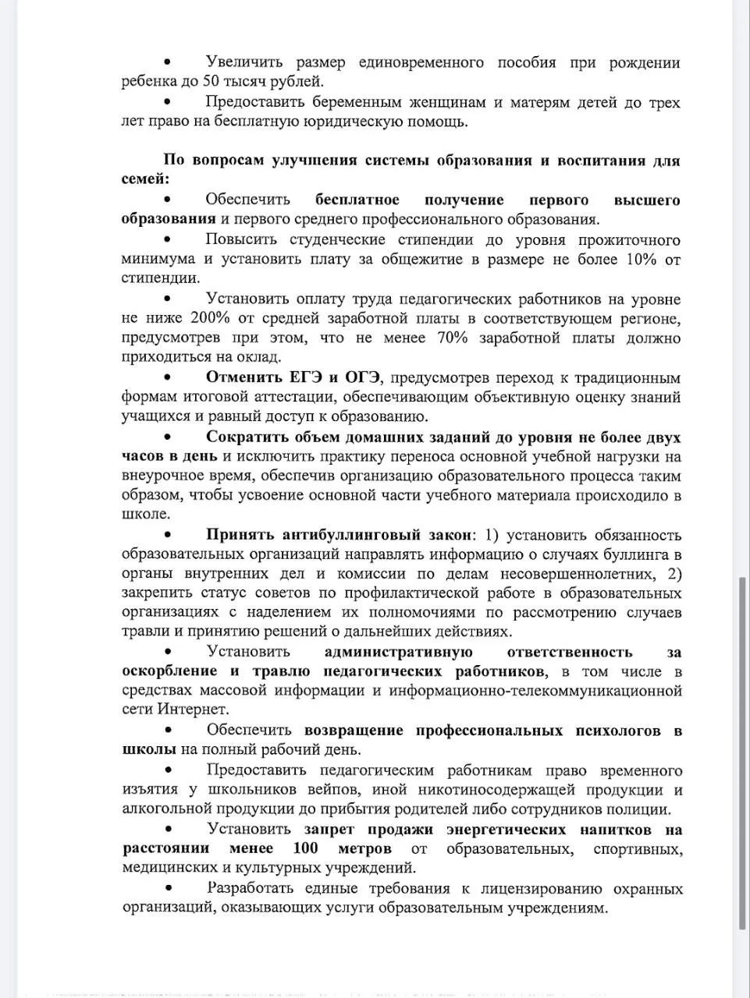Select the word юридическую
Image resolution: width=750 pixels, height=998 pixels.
point(357,121)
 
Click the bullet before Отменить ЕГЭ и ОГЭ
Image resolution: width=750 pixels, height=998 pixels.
point(167,377)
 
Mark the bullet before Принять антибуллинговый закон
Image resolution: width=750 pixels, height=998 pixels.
point(167,535)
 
